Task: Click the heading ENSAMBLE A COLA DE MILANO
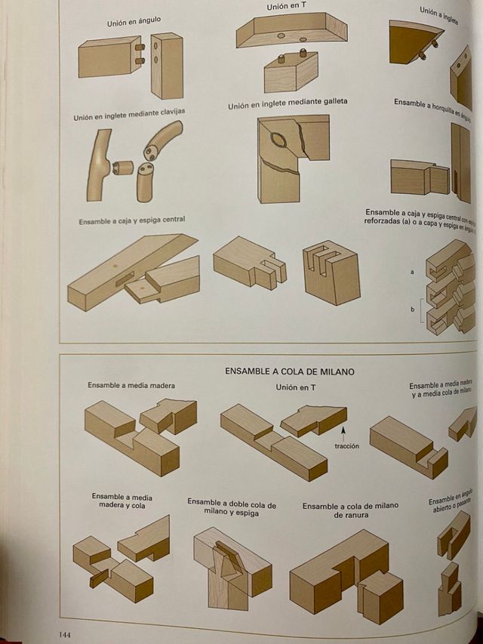289,371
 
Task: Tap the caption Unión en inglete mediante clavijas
129,115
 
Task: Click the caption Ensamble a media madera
131,385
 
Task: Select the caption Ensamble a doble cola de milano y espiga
231,507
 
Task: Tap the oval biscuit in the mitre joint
278,139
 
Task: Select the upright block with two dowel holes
166,66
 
